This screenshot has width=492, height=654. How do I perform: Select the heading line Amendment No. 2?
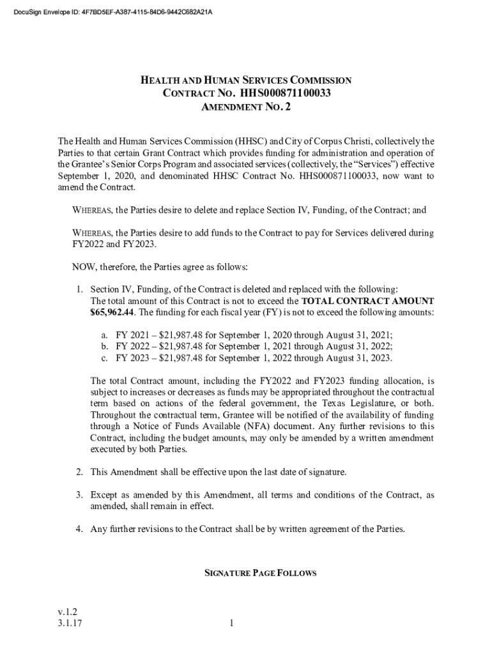(246, 108)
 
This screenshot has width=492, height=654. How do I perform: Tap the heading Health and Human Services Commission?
(246, 80)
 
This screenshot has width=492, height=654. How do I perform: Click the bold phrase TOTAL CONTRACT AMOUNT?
(367, 301)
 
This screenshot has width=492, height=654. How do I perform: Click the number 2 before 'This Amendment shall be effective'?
(79, 473)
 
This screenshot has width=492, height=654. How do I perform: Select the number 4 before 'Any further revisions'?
(79, 529)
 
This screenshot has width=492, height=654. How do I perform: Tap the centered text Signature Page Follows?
(259, 574)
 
